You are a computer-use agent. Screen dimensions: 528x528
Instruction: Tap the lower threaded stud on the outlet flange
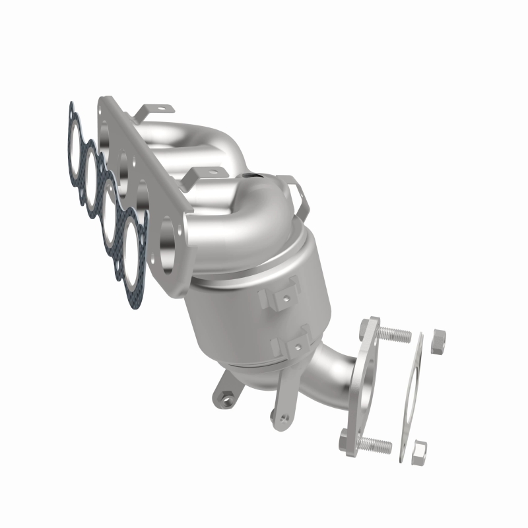coord(373,441)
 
